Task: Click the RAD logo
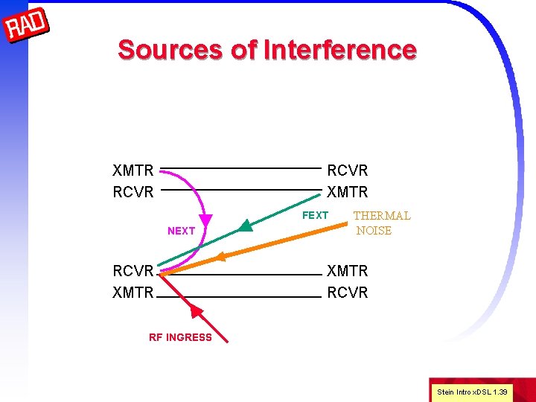[x=27, y=27]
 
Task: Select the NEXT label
[x=181, y=231]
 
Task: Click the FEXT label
[x=315, y=216]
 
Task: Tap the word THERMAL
[x=381, y=216]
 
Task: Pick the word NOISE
[x=374, y=231]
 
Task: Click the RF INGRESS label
[x=180, y=337]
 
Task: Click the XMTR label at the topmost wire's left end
[x=133, y=171]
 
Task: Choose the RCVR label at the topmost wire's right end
[x=348, y=171]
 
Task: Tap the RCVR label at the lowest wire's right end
[x=348, y=293]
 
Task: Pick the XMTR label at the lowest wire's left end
[x=133, y=293]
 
